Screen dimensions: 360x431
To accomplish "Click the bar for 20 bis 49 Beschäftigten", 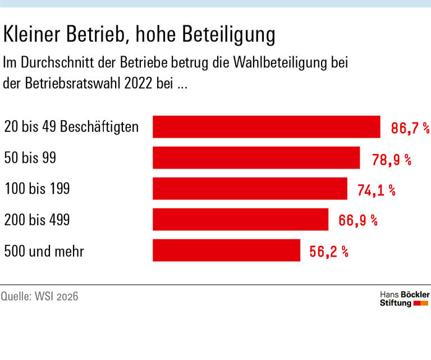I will pyautogui.click(x=267, y=127).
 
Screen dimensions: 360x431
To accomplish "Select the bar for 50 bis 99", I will pyautogui.click(x=256, y=158).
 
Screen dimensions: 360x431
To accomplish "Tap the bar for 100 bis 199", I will pyautogui.click(x=250, y=189).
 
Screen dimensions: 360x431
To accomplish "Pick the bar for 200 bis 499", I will pyautogui.click(x=240, y=220).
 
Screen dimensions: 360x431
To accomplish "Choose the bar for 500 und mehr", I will pyautogui.click(x=226, y=250).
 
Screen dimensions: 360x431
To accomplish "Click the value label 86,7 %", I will pyautogui.click(x=410, y=129).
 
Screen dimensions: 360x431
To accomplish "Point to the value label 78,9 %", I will pyautogui.click(x=392, y=160).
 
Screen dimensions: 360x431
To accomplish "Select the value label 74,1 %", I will pyautogui.click(x=377, y=190).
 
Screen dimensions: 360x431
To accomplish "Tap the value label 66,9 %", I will pyautogui.click(x=358, y=221).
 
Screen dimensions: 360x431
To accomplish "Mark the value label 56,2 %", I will pyautogui.click(x=329, y=252).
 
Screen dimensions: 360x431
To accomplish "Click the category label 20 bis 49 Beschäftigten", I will pyautogui.click(x=71, y=127).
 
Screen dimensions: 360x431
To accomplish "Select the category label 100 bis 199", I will pyautogui.click(x=37, y=189).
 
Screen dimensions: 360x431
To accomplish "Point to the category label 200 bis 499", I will pyautogui.click(x=37, y=220).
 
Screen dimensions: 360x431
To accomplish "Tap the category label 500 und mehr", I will pyautogui.click(x=44, y=250).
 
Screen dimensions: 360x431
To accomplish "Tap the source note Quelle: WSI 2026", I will pyautogui.click(x=39, y=296).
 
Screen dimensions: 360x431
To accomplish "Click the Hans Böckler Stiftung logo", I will pyautogui.click(x=405, y=299).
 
